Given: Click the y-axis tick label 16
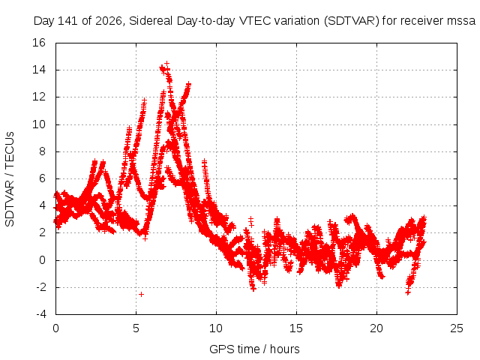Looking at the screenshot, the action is click(39, 43).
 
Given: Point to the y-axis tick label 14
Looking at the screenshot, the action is click(39, 70).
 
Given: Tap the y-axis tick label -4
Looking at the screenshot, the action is click(41, 314).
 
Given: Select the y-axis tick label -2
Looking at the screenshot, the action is click(41, 287).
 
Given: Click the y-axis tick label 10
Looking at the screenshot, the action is click(39, 124).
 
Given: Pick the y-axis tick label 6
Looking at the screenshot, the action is click(42, 178).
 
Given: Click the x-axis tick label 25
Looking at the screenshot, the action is click(457, 328).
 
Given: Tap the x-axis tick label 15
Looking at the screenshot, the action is click(296, 328).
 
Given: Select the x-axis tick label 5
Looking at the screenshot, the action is click(136, 328).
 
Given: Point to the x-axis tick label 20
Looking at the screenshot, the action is click(376, 328).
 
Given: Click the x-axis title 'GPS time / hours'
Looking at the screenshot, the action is click(254, 349).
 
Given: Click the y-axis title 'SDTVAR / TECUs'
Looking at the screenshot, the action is click(10, 179).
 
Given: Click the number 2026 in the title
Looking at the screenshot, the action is click(109, 21).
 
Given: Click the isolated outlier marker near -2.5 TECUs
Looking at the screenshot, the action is click(142, 295).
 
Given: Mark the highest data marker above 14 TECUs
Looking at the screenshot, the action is click(166, 64).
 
